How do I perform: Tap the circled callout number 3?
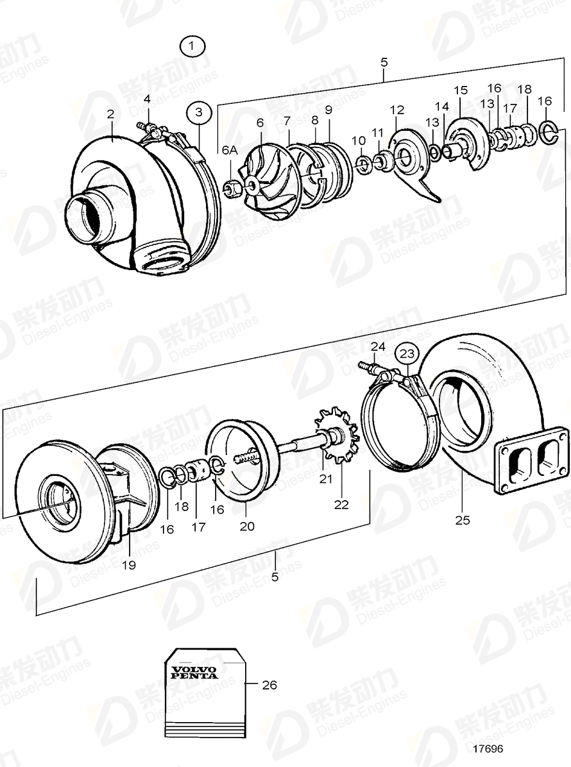[199, 112]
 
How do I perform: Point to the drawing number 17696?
[488, 748]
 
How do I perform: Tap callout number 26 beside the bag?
[269, 685]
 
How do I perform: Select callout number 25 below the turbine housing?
[462, 519]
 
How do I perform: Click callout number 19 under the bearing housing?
[129, 565]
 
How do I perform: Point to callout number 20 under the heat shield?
[247, 527]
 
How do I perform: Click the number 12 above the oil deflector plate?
[396, 110]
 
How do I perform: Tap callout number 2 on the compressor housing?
[110, 114]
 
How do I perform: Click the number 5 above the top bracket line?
[384, 62]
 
